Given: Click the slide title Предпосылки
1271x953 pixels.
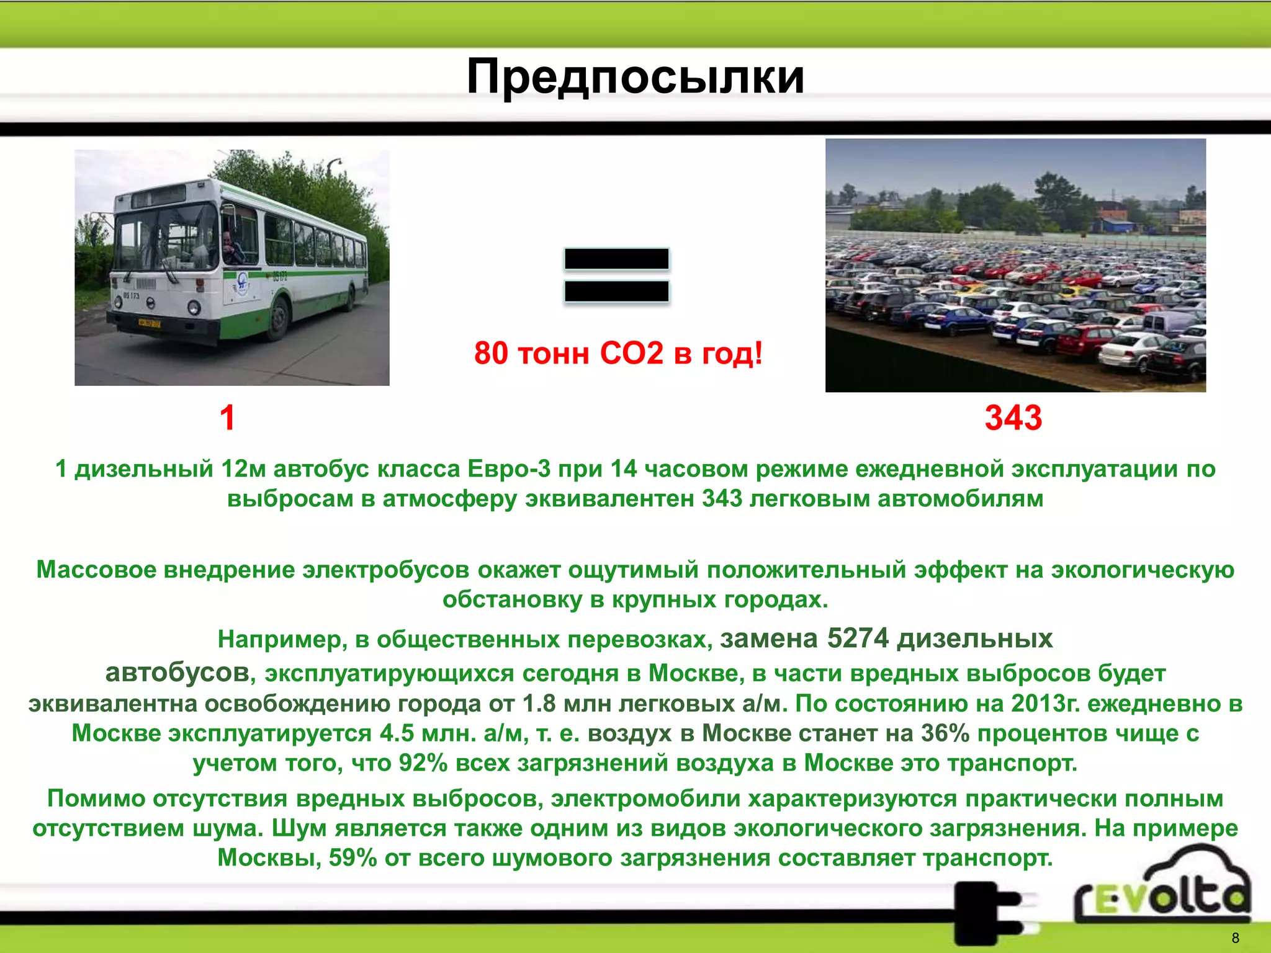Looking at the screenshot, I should coord(635,77).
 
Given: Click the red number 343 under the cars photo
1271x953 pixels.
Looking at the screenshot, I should coord(1013,418).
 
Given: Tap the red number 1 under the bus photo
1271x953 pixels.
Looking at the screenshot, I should coord(228,418).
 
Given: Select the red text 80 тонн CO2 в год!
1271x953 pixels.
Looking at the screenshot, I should coord(618,353).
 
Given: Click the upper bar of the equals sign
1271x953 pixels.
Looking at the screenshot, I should coord(616,259).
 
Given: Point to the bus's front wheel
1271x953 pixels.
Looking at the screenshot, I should coord(279,318).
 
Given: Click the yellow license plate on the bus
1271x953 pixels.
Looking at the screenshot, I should coord(149,323).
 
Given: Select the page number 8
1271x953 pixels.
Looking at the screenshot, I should coord(1235,937).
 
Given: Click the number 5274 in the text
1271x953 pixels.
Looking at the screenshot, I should coord(858,638).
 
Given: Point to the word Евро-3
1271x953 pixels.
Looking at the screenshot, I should coord(508,468).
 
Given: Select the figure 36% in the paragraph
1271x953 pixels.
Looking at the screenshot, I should coord(945,733).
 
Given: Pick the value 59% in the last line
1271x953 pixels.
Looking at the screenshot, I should coord(353,857).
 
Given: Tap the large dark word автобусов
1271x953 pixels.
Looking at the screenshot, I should coord(177,672).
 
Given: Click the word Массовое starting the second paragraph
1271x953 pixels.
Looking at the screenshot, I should coord(96,570).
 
